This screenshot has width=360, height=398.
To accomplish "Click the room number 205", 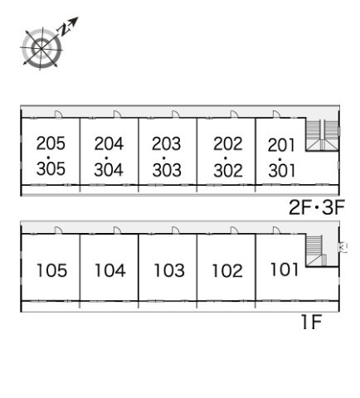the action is [51, 143].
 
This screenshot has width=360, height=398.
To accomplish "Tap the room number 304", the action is [109, 170].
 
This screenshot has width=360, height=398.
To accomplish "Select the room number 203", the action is [167, 143].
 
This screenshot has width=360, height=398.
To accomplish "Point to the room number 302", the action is [228, 170].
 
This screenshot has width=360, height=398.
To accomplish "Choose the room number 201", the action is [281, 145].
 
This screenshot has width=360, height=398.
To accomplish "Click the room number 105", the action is [52, 270].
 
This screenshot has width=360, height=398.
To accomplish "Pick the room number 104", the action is [110, 270].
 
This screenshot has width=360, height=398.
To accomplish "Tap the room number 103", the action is [169, 270].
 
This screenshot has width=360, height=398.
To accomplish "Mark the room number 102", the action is [227, 271].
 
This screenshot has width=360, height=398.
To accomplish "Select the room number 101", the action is [285, 269].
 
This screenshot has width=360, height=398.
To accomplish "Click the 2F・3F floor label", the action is [317, 207].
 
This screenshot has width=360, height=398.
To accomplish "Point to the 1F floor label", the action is [312, 322].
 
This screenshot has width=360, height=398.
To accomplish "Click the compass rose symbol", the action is [41, 48].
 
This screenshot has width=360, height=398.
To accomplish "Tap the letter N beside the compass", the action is [63, 30].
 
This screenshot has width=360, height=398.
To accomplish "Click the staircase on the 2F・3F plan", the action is [322, 135].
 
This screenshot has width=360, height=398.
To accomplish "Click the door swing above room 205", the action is [58, 114].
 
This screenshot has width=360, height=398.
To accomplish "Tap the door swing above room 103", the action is [175, 231].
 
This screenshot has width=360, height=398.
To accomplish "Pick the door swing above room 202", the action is [234, 114].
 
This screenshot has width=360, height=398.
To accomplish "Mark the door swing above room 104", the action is [117, 231].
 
